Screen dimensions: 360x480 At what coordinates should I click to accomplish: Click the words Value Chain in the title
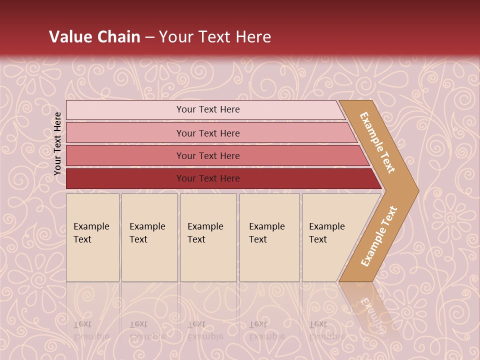coord(94,37)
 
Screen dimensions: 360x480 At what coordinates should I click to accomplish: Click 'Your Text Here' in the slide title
coord(215,37)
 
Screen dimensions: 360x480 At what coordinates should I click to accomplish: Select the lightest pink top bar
coord(125,110)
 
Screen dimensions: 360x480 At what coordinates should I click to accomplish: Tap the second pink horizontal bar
coord(125,133)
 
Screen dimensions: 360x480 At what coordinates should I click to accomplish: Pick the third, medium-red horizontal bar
coord(125,155)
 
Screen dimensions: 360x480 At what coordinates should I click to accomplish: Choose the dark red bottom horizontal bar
coord(125,178)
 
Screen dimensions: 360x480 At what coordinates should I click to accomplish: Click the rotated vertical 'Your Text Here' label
coord(57,144)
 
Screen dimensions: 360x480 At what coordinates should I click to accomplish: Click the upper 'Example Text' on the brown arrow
coord(377,142)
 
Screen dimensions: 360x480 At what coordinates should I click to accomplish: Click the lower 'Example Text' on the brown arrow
coord(378,236)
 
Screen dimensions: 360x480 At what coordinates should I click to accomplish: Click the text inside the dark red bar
coord(208,178)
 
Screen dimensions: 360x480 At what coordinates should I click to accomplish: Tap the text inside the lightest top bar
coord(208,109)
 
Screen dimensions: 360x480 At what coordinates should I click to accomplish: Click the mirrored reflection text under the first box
coord(91,330)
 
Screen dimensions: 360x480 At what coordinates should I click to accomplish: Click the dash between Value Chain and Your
coord(149,37)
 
